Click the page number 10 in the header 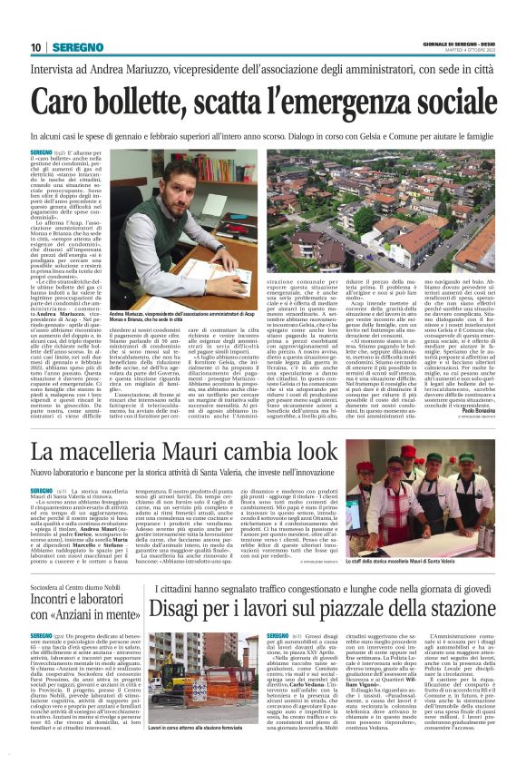point(36,47)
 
